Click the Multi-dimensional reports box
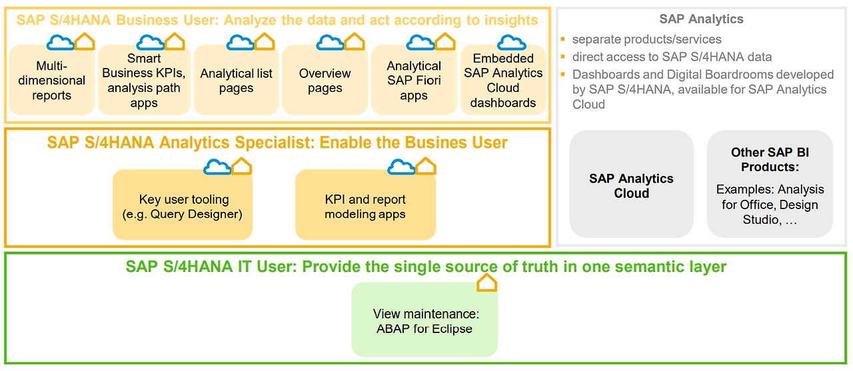[x=52, y=80]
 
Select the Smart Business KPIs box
[x=144, y=80]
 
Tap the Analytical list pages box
[x=236, y=80]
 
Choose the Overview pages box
[x=325, y=80]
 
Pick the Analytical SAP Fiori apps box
[x=414, y=80]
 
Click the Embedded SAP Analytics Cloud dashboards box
[x=503, y=80]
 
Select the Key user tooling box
[x=183, y=204]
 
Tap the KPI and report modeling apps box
[x=366, y=204]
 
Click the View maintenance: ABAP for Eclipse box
[x=425, y=320]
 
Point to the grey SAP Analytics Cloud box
[x=631, y=185]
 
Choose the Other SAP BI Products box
[x=770, y=185]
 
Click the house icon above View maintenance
[x=486, y=283]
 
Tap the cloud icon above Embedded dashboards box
[x=512, y=43]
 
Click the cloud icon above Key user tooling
[x=217, y=167]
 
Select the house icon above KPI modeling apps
[x=425, y=166]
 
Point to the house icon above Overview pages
[x=355, y=41]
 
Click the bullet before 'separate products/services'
[x=563, y=39]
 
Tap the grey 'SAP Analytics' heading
[x=701, y=19]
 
